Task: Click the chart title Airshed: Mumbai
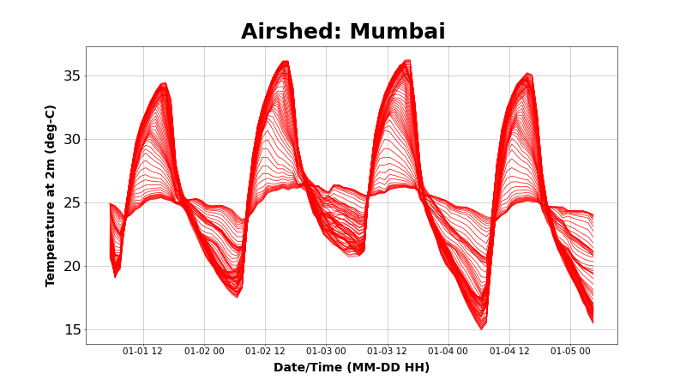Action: click(343, 33)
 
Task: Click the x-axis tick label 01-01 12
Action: click(143, 351)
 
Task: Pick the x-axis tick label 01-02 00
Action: click(204, 351)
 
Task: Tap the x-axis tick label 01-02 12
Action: click(265, 351)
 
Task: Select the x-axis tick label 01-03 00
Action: click(326, 351)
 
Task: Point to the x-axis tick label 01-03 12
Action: click(388, 351)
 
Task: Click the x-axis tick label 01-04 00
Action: click(448, 351)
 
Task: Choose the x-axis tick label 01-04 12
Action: click(509, 351)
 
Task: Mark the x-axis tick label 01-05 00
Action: click(570, 351)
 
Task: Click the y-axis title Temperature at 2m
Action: click(51, 196)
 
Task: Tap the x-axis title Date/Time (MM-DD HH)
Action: click(352, 368)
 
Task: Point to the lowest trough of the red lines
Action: click(482, 328)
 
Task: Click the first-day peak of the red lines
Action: click(164, 84)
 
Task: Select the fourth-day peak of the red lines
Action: click(528, 75)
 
